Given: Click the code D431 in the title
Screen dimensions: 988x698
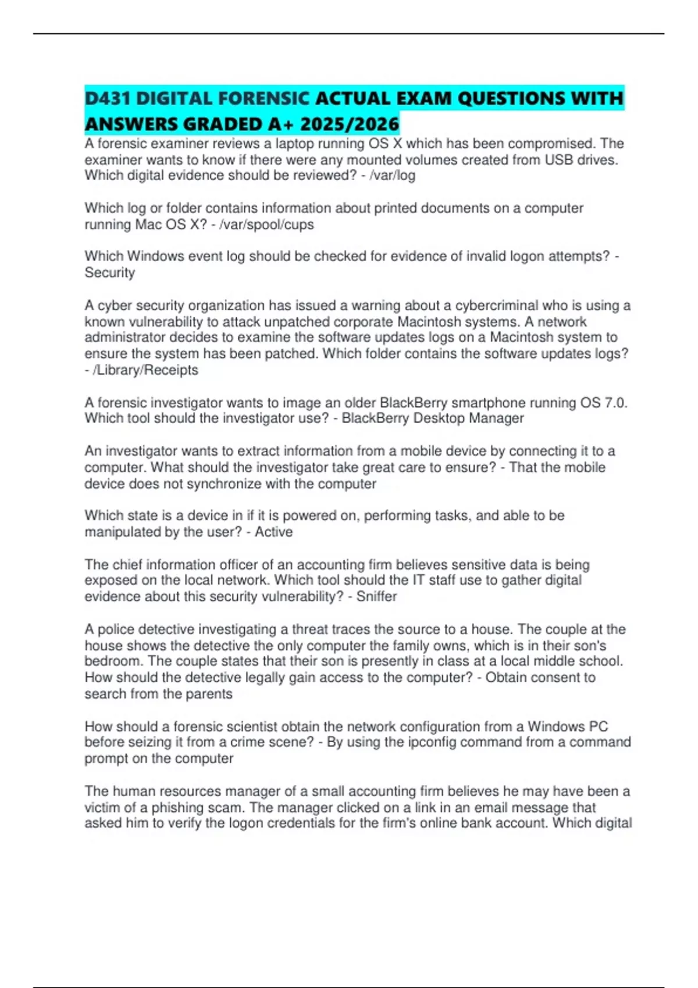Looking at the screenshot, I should pyautogui.click(x=108, y=98).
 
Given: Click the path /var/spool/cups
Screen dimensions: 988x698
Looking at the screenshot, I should pyautogui.click(x=266, y=224).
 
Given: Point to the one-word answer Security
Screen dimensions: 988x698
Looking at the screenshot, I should pyautogui.click(x=110, y=273).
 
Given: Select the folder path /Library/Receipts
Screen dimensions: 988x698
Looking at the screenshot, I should pyautogui.click(x=145, y=370).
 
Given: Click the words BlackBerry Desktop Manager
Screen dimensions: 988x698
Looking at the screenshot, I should pyautogui.click(x=433, y=418).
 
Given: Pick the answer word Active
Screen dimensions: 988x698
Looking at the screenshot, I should pyautogui.click(x=274, y=532).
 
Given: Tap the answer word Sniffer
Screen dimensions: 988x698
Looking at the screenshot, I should pyautogui.click(x=376, y=596).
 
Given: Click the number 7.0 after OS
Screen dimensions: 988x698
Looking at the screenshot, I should pyautogui.click(x=615, y=403).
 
